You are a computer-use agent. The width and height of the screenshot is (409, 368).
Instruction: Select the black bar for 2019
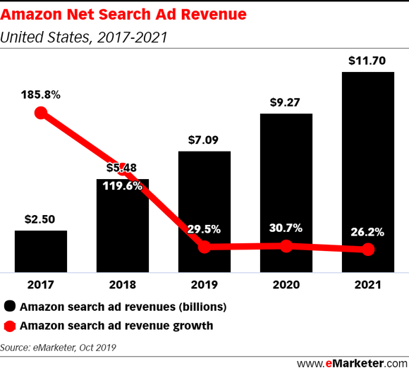coord(204,211)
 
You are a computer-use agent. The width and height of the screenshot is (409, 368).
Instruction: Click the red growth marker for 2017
coord(41,114)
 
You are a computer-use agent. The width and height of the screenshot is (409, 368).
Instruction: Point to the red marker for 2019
coord(204,247)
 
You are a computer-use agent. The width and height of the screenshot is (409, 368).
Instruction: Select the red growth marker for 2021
coord(367,250)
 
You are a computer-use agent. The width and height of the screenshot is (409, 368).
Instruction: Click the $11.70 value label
coord(367,61)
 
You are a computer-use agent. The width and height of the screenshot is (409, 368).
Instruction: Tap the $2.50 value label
coord(41,220)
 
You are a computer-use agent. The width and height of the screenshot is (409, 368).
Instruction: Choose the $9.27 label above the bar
coord(286,102)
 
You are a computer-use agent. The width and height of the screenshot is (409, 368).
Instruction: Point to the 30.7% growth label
coord(286,228)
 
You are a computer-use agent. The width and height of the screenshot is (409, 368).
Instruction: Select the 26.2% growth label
coord(367,231)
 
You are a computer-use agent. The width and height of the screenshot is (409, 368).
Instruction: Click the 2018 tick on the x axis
coord(123,286)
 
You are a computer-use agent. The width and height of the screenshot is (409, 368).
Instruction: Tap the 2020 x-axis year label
coord(286,286)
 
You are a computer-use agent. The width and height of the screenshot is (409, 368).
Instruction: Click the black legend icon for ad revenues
coord(11,307)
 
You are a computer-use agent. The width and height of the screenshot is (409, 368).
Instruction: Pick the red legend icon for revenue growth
coord(11,326)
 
